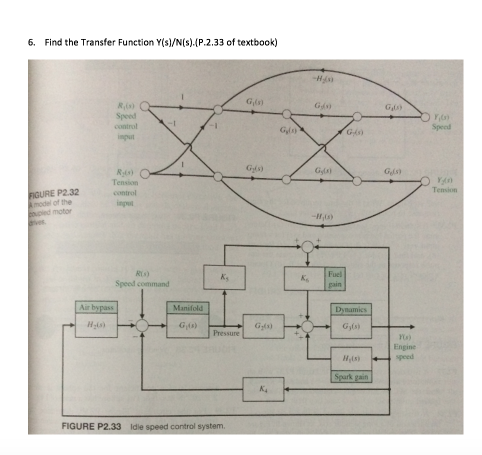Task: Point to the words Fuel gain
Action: (x=335, y=279)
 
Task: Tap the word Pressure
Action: (x=227, y=332)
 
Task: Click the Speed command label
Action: (x=142, y=284)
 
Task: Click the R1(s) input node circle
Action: (x=145, y=105)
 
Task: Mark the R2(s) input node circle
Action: (x=145, y=174)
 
